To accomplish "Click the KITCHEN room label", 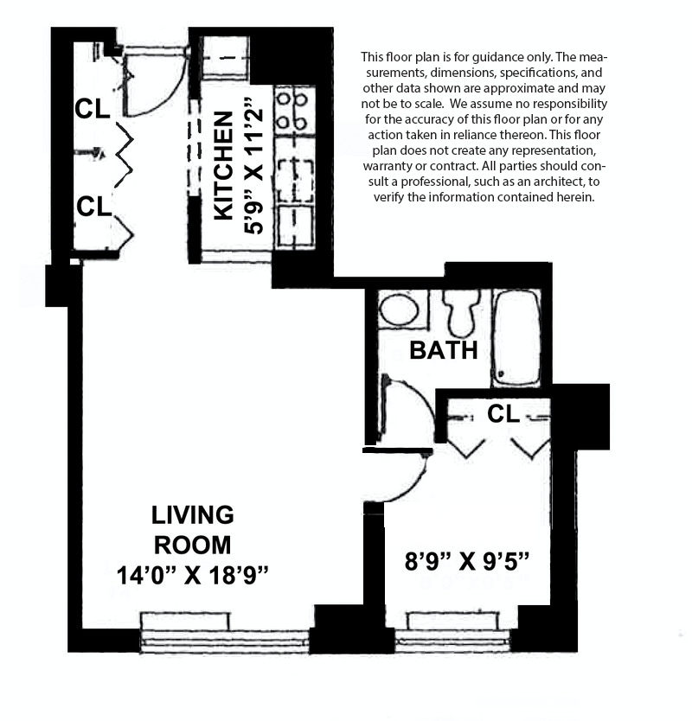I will click(x=222, y=165).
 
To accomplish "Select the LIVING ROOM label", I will click(x=192, y=530).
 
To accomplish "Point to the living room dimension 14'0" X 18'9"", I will click(x=194, y=575).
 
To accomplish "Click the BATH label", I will click(x=443, y=350).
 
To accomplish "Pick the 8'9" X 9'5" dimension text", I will click(x=466, y=562).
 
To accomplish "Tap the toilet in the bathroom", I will click(x=462, y=310).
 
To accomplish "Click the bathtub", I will click(x=516, y=337).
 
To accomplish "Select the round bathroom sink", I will click(x=399, y=309).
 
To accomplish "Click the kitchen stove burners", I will click(x=292, y=109).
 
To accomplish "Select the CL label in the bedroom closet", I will click(x=503, y=414).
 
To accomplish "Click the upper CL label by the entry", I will click(x=93, y=109).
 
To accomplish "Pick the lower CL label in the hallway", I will click(x=93, y=207).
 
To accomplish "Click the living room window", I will click(x=225, y=635).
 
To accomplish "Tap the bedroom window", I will click(x=452, y=635).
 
